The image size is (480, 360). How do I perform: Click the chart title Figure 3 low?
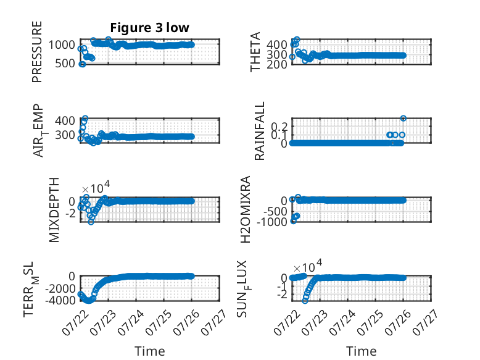coord(150,28)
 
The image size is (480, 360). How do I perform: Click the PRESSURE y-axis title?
coord(37,52)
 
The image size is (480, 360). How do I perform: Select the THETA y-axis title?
coord(255,52)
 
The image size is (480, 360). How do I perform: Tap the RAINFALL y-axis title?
coord(259,131)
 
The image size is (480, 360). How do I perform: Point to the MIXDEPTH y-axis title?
coord(54,210)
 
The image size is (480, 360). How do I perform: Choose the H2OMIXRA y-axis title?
coord(246,209)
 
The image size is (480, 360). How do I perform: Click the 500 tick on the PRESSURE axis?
coord(65,64)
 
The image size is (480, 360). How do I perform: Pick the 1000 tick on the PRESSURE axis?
coord(62,45)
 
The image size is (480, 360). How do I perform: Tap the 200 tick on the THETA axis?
coord(277,65)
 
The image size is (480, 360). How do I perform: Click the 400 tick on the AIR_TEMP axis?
coord(65,120)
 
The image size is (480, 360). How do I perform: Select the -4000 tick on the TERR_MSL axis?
coord(60,300)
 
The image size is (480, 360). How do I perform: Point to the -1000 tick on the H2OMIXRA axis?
coord(272,222)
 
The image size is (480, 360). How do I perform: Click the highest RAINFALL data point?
coord(403,119)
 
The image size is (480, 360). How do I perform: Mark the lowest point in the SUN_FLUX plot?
coord(305,301)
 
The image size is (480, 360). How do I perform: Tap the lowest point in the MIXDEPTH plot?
coord(91,222)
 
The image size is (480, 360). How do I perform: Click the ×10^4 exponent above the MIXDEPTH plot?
coord(96,187)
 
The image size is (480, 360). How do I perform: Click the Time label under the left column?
coord(150,351)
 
